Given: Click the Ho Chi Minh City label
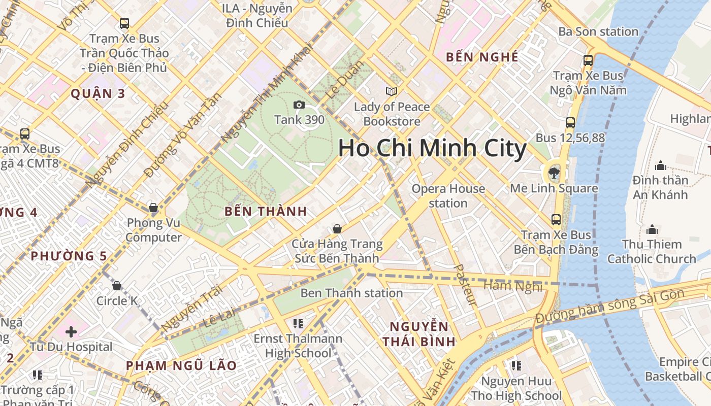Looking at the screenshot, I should pos(432,148).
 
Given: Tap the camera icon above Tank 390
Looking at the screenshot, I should pos(299,105).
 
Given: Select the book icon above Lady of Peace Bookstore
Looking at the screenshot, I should pos(391,91).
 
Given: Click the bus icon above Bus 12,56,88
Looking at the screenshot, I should pos(570,122).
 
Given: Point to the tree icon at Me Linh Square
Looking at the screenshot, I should pos(554,173).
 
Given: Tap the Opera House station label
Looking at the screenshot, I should pos(448,196).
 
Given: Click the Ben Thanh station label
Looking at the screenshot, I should pos(351,293).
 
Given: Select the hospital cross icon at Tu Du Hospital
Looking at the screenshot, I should pos(71,332).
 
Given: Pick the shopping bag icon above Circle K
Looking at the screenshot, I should pos(117,286).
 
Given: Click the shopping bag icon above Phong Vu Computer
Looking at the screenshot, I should pos(153,208).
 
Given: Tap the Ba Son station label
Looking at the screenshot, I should pos(598,31).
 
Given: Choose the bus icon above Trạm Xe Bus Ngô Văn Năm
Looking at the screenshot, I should pos(588,60).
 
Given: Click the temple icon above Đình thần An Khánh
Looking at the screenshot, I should pos(660,165).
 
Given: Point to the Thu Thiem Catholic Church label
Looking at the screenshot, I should pos(652,252).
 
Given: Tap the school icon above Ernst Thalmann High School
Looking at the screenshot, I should pos(298,323).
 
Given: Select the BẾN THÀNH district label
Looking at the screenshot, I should pos(266,211).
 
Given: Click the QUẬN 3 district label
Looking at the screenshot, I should pos(98,93).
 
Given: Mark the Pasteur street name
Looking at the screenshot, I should pos(464,284).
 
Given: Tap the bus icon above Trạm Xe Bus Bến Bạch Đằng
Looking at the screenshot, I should pos(556,220).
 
